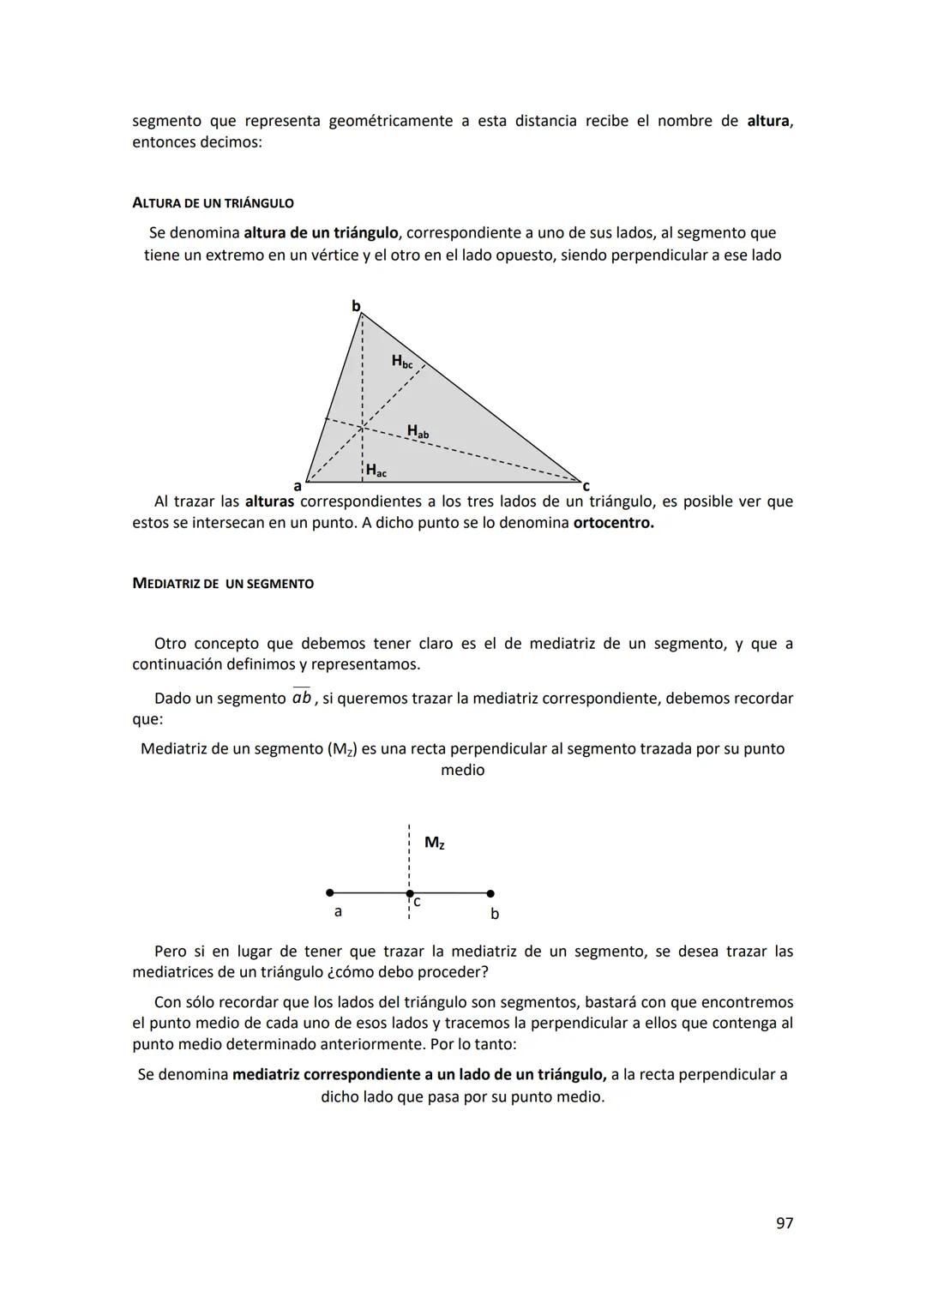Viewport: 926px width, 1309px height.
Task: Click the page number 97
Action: pyautogui.click(x=784, y=1223)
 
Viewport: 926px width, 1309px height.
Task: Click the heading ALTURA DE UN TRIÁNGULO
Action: pyautogui.click(x=213, y=203)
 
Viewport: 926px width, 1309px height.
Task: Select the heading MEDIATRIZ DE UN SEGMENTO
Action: pyautogui.click(x=223, y=584)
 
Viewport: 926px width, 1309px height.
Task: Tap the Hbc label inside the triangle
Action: pyautogui.click(x=401, y=362)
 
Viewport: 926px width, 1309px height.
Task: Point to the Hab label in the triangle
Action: pyautogui.click(x=418, y=431)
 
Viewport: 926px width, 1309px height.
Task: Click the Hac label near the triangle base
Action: pyautogui.click(x=376, y=470)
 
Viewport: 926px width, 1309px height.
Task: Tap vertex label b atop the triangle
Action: pyautogui.click(x=356, y=306)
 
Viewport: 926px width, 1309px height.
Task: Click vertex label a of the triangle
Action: pyautogui.click(x=298, y=486)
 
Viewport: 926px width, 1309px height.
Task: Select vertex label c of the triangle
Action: pyautogui.click(x=586, y=486)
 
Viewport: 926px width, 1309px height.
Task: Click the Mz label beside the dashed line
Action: pyautogui.click(x=434, y=843)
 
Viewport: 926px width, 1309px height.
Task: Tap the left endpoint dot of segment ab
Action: pyautogui.click(x=330, y=893)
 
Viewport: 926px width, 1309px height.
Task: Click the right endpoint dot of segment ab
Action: pyautogui.click(x=490, y=893)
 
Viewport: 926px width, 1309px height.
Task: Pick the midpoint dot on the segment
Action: pyautogui.click(x=409, y=893)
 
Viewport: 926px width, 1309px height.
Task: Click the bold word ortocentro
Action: pyautogui.click(x=613, y=523)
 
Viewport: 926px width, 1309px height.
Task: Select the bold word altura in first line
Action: pyautogui.click(x=768, y=121)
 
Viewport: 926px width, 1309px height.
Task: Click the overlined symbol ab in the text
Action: pyautogui.click(x=301, y=698)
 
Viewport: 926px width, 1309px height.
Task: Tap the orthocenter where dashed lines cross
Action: pyautogui.click(x=362, y=425)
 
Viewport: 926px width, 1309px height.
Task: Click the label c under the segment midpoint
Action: pyautogui.click(x=417, y=903)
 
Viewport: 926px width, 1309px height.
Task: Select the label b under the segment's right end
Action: pyautogui.click(x=494, y=914)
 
